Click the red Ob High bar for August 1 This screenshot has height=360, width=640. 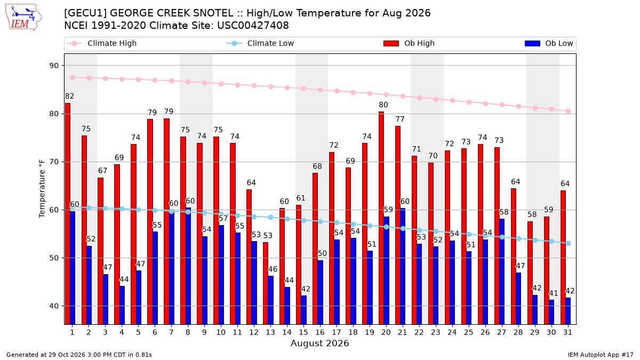pos(68,214)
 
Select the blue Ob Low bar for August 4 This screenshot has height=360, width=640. pos(122,305)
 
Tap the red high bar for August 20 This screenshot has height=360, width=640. pos(381,218)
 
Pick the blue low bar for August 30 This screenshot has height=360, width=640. pos(551,312)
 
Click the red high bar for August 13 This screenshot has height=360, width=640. pos(266,283)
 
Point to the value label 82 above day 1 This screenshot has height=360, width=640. pos(69,97)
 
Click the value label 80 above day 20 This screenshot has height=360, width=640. pos(383,105)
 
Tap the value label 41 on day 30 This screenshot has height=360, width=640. pos(554,293)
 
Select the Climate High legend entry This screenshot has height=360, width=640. pos(101,43)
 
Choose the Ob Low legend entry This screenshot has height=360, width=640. pos(549,43)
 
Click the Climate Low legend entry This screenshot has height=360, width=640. pos(260,43)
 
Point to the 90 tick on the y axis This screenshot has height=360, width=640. pos(54,66)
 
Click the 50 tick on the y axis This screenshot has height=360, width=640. pos(54,258)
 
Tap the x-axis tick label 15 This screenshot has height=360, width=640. pos(303,332)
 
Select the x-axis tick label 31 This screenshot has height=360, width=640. pos(567,332)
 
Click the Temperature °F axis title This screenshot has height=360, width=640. pos(42,189)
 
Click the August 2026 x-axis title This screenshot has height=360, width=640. pos(320,343)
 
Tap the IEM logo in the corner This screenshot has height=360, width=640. pos(23,18)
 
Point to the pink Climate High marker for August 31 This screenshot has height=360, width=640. pos(569,111)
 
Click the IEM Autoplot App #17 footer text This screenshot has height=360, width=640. pos(601,355)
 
